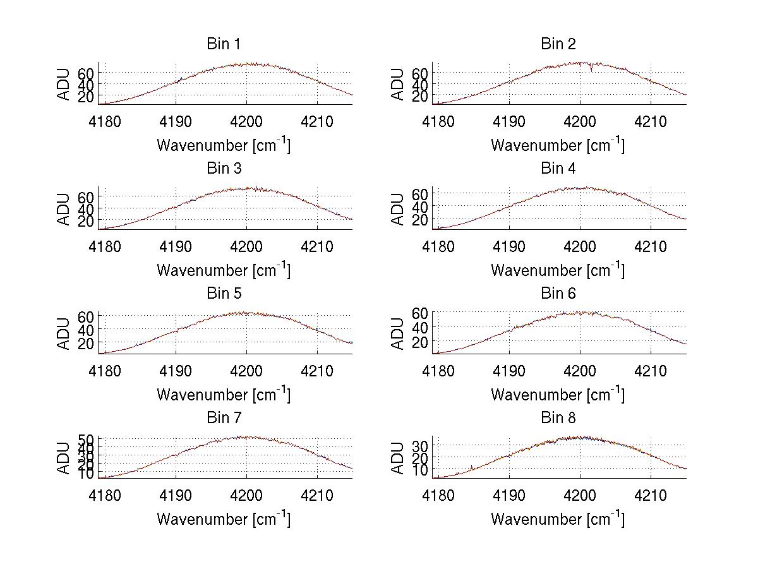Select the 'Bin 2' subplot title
click(558, 44)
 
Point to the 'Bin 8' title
click(558, 417)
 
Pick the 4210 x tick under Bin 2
click(651, 121)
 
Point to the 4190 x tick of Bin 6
click(509, 370)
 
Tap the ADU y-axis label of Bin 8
click(398, 458)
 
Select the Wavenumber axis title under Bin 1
click(223, 145)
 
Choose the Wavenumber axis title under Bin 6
click(558, 394)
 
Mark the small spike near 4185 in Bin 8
click(471, 467)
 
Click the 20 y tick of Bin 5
click(87, 342)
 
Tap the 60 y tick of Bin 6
click(420, 313)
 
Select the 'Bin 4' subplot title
click(558, 168)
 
